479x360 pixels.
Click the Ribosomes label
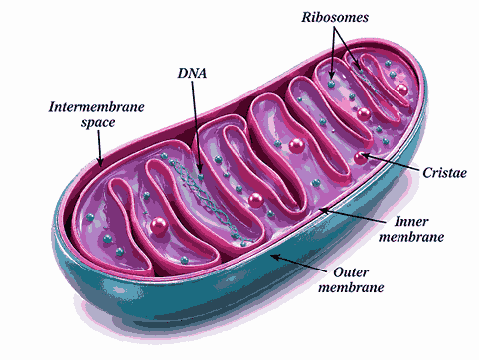tap(337, 18)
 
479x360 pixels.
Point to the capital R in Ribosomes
tap(305, 18)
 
